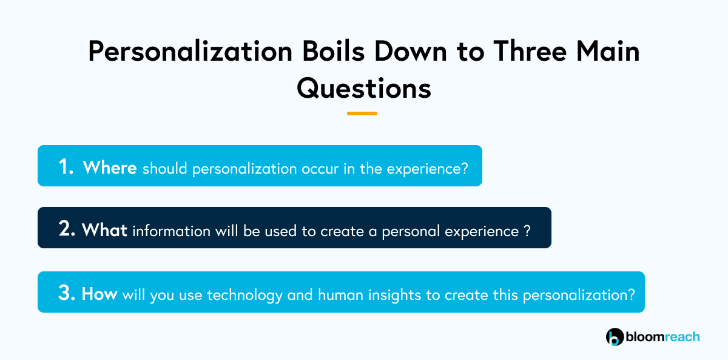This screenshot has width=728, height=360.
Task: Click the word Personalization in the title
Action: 190,52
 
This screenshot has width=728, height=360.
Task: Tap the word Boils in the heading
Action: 334,51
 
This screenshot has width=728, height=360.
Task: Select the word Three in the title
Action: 530,51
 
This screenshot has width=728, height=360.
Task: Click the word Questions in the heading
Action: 364,89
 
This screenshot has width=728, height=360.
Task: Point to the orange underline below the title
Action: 362,114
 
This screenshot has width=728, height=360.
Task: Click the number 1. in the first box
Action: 66,166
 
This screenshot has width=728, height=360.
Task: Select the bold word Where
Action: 110,168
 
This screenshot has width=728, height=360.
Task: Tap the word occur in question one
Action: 320,169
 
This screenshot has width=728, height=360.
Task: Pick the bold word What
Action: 104,230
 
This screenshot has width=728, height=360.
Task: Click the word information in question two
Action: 172,231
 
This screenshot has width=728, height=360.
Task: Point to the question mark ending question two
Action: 527,231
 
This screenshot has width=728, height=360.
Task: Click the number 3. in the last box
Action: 67,293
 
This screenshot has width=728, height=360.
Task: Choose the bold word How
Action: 99,294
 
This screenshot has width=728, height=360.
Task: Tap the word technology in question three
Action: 244,295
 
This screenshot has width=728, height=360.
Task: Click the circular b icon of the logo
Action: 615,337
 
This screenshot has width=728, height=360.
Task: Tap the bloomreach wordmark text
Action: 663,337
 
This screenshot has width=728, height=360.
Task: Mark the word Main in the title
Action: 608,51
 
